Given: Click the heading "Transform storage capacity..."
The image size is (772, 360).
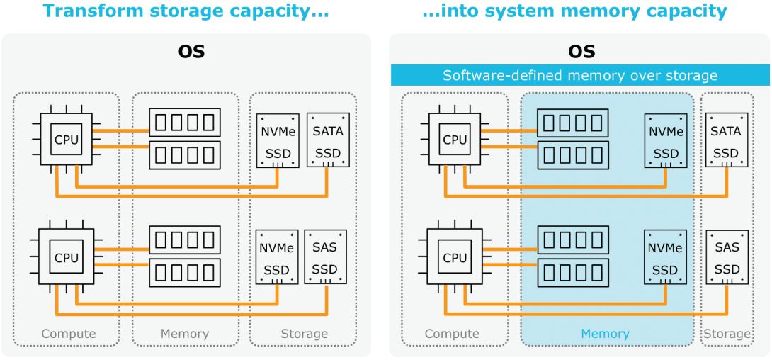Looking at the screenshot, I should (x=186, y=11).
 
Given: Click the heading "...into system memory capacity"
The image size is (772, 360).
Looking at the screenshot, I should (x=579, y=11).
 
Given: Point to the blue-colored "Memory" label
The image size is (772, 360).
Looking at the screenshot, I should (x=606, y=333).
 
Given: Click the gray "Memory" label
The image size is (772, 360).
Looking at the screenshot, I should (x=185, y=333).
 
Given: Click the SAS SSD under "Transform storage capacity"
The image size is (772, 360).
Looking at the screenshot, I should (x=325, y=257).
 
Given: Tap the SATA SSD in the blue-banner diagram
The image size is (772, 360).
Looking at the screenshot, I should (x=725, y=140).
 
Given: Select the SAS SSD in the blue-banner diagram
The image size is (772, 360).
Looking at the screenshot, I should (x=725, y=257).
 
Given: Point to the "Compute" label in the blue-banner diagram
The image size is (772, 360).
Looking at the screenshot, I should (x=451, y=333).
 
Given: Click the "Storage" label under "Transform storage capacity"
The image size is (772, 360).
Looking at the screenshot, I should (x=304, y=333).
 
